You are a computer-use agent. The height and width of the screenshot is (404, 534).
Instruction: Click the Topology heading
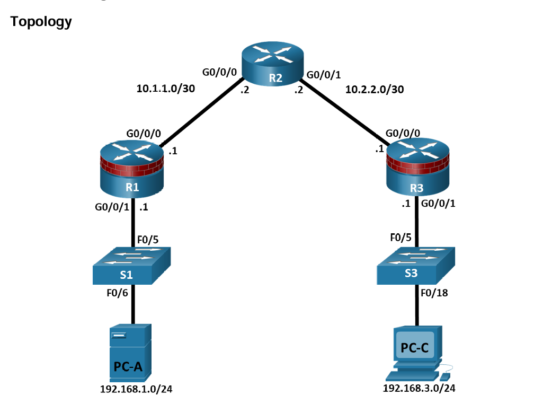41,22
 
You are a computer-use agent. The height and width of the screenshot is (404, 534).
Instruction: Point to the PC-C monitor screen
414,347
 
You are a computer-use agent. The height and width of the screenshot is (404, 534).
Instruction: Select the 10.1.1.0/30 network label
166,89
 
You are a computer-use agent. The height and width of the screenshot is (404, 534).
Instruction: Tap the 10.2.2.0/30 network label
375,90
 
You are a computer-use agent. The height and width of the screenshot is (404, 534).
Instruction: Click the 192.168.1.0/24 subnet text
137,390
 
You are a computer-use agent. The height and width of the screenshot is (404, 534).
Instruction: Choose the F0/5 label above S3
400,238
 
